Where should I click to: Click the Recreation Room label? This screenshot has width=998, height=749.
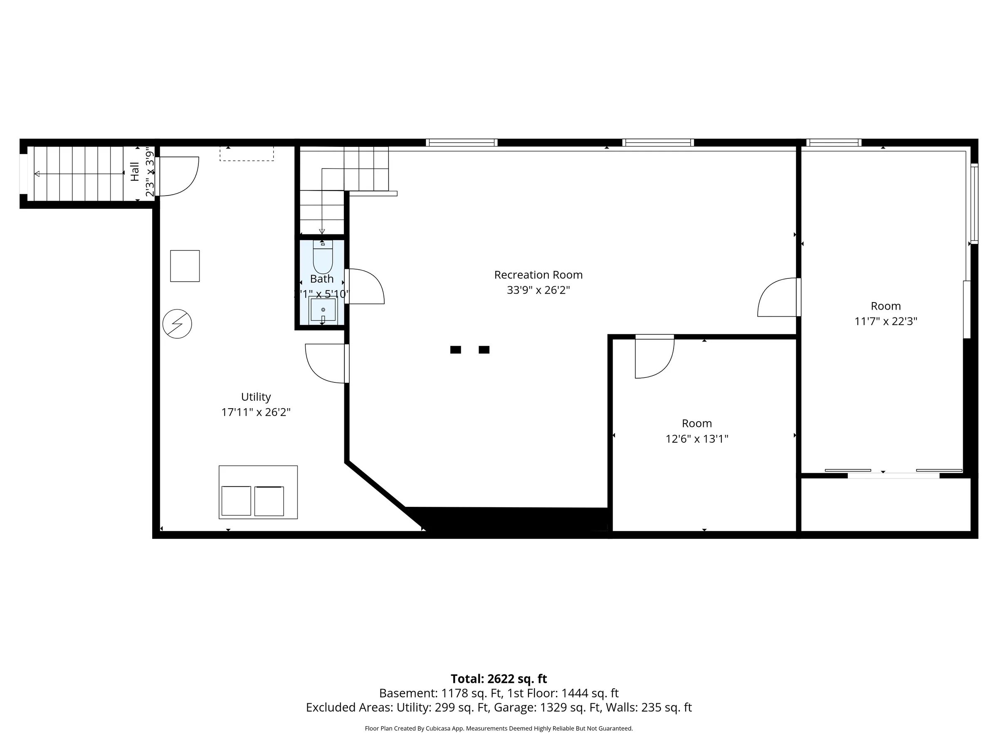(538, 275)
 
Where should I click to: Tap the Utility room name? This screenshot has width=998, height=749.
(256, 397)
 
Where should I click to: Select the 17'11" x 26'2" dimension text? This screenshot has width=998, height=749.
(256, 412)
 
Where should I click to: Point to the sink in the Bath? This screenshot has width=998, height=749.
(323, 310)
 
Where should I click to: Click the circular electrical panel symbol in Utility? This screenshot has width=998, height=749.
(177, 324)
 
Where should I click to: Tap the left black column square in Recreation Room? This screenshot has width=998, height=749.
(455, 350)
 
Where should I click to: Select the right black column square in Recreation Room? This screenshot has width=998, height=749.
(484, 350)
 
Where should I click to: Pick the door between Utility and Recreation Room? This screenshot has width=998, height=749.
(326, 363)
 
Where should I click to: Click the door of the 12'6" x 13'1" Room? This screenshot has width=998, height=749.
(654, 357)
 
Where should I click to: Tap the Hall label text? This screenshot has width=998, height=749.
(135, 172)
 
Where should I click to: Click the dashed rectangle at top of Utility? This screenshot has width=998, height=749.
(246, 154)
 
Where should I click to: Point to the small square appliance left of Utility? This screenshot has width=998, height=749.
(185, 266)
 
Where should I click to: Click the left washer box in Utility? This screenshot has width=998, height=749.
(237, 501)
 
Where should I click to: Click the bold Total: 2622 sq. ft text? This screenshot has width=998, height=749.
(499, 679)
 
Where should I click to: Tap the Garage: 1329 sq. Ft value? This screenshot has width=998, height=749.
(570, 707)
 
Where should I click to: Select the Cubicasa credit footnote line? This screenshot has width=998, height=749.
(499, 728)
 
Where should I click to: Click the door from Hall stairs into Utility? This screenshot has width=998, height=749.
(177, 176)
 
